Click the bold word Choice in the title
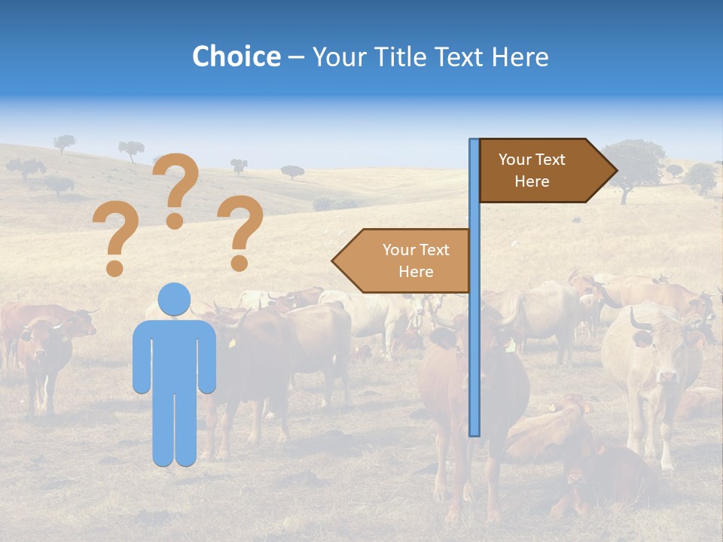(x=236, y=56)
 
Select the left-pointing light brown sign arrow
(x=403, y=260)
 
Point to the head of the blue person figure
(x=175, y=300)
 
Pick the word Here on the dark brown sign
(x=532, y=181)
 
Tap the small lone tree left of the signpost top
(x=292, y=172)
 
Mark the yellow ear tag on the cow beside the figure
(x=232, y=343)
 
